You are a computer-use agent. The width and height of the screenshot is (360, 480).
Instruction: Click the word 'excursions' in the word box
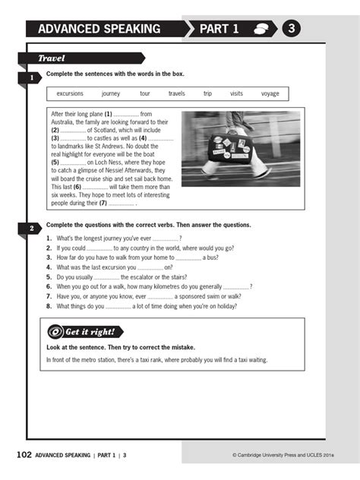[x=70, y=94]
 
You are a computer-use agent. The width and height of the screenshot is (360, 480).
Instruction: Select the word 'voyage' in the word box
[x=270, y=94]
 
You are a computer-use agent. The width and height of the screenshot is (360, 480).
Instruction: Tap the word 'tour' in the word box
[x=145, y=94]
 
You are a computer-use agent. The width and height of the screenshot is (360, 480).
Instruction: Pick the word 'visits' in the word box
[x=237, y=94]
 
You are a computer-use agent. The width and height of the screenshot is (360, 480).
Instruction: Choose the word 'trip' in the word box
[x=207, y=94]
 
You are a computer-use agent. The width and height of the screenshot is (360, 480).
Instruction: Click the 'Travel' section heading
[x=52, y=58]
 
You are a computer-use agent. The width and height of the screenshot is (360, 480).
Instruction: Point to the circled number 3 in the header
[x=292, y=29]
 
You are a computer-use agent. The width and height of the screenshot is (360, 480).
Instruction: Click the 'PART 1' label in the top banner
[x=219, y=29]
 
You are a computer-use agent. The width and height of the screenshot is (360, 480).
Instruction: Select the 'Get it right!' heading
[x=90, y=332]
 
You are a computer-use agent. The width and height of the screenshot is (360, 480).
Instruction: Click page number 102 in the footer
[x=24, y=455]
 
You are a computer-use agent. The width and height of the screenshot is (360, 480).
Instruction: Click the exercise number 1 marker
[x=31, y=77]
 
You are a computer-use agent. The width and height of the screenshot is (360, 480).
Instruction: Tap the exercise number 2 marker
[x=31, y=229]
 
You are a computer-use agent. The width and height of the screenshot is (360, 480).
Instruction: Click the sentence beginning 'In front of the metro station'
[x=156, y=359]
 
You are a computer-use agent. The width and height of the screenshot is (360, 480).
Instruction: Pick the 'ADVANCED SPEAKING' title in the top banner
[x=99, y=29]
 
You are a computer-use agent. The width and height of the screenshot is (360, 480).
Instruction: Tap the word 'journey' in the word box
[x=111, y=94]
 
